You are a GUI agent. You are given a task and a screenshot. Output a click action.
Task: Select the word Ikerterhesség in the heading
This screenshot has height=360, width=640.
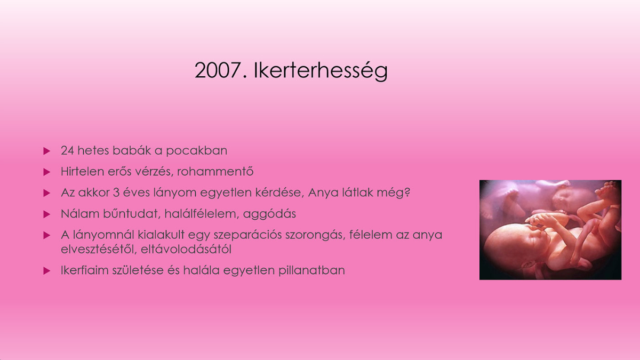321,70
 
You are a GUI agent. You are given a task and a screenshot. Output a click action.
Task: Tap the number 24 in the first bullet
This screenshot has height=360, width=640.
67,150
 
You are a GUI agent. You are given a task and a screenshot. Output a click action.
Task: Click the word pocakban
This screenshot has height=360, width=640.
197,151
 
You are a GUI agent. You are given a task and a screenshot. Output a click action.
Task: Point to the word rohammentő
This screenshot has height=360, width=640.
215,171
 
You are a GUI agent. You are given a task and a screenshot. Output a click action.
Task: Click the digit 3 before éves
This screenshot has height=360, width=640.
116,193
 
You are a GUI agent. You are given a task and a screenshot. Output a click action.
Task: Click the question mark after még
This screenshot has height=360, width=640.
407,192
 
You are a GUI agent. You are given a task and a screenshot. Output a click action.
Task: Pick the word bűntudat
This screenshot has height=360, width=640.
131,214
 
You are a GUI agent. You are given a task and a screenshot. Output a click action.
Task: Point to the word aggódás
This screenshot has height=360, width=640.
270,214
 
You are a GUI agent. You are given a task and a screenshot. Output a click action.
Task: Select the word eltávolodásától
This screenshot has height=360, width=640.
186,249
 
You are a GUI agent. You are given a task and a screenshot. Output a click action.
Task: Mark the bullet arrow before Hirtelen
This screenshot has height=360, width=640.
46,172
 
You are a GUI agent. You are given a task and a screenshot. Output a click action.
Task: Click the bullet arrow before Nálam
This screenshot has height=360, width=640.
46,214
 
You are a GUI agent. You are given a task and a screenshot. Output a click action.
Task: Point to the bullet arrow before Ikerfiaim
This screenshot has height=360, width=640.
46,271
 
